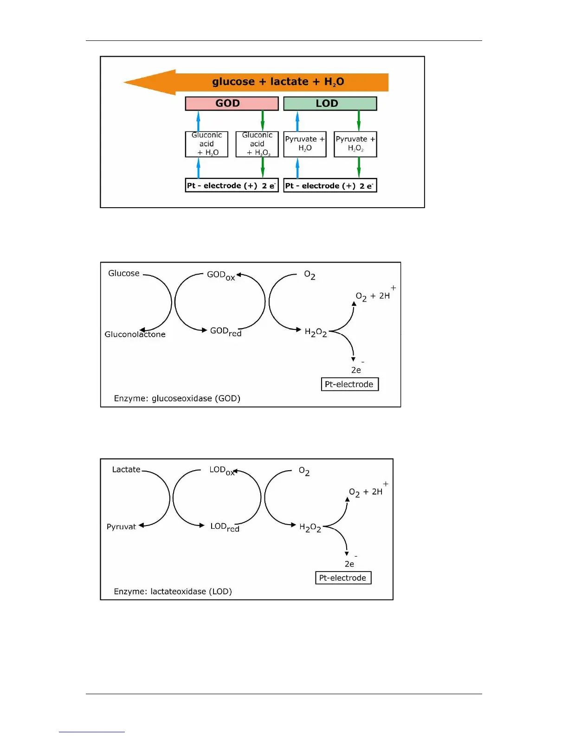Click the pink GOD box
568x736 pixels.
[232, 103]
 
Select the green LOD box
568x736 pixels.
[330, 103]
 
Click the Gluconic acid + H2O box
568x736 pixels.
[207, 144]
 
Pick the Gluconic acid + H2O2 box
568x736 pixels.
[257, 144]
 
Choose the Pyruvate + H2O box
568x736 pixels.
[305, 144]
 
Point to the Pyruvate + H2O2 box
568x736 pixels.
[355, 144]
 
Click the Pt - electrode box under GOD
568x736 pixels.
[232, 185]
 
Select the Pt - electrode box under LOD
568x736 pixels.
[330, 185]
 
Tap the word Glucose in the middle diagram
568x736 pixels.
[124, 273]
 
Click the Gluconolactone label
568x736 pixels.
[135, 334]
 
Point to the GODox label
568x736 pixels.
[221, 275]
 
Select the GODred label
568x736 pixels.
[226, 331]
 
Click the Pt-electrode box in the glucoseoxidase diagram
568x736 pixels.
[349, 384]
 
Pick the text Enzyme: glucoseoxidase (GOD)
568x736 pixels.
[177, 398]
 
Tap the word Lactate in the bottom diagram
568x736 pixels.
[126, 469]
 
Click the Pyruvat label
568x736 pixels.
[121, 526]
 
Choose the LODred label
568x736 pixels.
[225, 527]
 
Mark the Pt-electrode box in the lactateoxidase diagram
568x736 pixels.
[343, 578]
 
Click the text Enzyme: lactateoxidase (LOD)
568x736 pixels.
[173, 591]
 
